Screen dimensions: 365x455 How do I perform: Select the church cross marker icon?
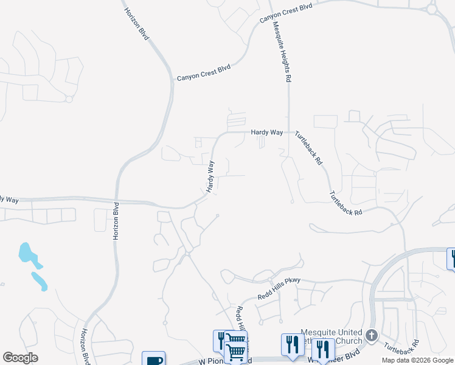(371, 335)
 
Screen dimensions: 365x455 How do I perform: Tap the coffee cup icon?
(153, 360)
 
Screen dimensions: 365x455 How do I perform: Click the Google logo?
(20, 358)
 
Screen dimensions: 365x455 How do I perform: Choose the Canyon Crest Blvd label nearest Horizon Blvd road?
(204, 73)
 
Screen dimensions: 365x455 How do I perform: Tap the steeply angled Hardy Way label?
(210, 176)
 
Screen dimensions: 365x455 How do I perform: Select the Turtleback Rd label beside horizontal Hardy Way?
(308, 148)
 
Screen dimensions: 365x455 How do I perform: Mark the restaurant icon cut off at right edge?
(451, 258)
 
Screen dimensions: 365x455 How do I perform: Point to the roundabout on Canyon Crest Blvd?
(432, 9)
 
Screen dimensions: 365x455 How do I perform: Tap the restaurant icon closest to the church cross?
(322, 349)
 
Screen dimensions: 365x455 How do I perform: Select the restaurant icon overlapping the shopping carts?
(221, 340)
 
